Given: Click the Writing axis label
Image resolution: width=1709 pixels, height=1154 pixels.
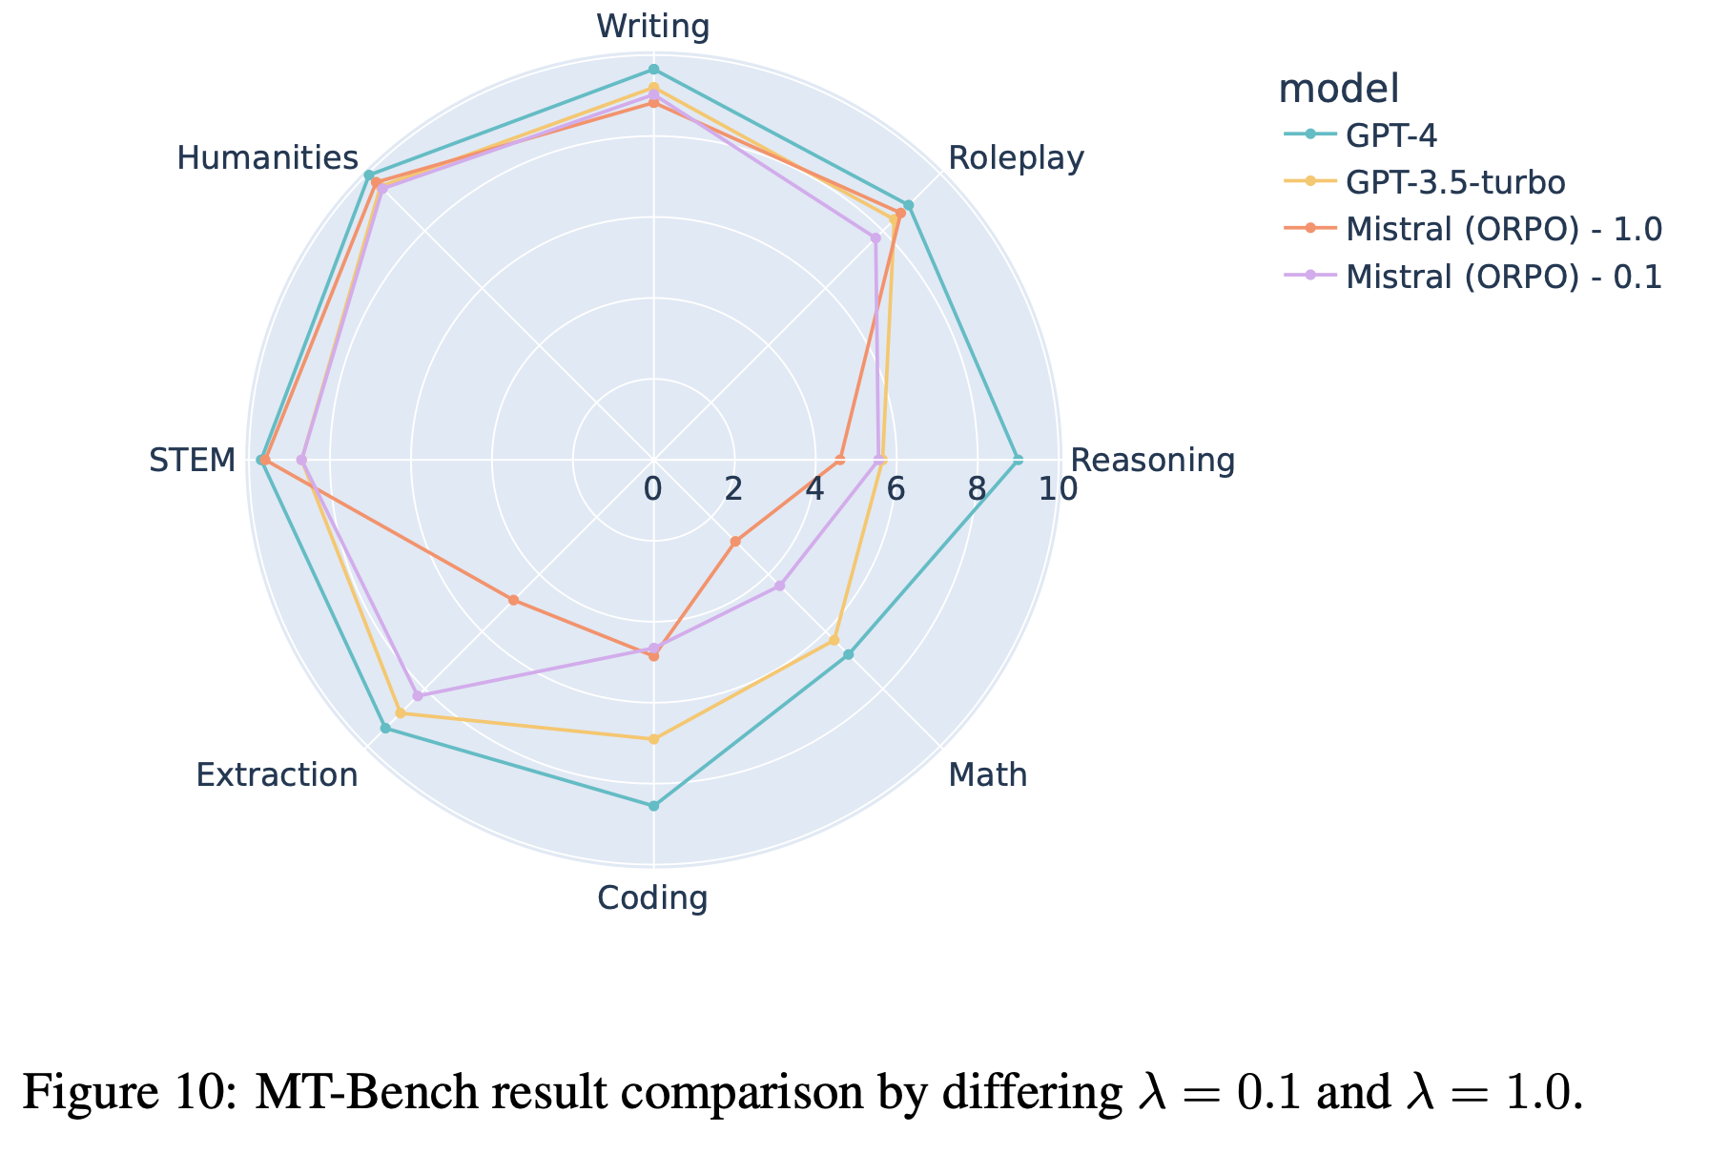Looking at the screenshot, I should [653, 27].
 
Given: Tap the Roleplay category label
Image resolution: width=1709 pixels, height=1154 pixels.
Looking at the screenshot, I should [1016, 158].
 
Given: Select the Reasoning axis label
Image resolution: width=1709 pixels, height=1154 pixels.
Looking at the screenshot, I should [1152, 461].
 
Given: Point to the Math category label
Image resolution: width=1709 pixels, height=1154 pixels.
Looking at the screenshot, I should [988, 775].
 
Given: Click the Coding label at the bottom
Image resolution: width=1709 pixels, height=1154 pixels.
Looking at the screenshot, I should [652, 898].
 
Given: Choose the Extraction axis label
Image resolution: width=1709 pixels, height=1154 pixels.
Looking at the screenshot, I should [277, 775].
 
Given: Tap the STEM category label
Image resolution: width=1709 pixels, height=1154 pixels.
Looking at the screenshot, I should [192, 461].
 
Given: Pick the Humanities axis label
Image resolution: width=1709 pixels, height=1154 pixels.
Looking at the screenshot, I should [267, 158].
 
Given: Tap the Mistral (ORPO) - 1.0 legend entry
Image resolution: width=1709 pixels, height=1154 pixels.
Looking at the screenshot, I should [1504, 229].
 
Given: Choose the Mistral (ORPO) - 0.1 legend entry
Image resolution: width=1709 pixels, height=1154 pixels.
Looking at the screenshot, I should [1504, 277].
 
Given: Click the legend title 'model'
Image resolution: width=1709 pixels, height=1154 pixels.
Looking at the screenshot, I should [1338, 89].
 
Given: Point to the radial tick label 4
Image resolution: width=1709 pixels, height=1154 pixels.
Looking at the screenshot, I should [813, 489].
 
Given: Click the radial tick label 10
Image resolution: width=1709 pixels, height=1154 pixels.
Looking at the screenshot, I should [1059, 489].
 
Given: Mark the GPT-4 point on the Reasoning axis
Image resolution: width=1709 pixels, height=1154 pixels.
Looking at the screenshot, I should [1019, 461].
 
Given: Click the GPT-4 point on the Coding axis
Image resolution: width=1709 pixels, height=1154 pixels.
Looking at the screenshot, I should [653, 806].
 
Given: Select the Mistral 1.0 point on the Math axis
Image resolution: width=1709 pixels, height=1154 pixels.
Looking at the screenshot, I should [735, 542].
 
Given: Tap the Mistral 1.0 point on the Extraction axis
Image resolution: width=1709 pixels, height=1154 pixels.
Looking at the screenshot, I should [513, 600].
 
